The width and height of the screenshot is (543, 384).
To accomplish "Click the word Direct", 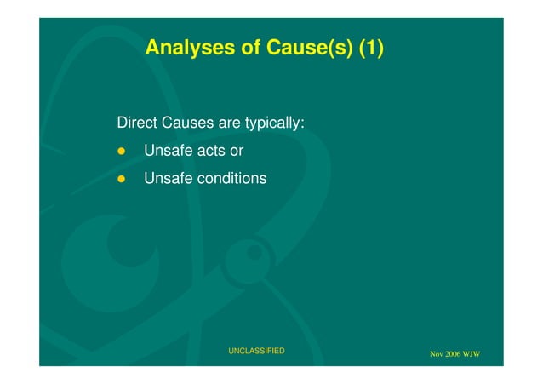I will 135,123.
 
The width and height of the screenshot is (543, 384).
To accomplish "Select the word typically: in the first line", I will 275,123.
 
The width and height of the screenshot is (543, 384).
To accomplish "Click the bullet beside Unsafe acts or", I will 121,152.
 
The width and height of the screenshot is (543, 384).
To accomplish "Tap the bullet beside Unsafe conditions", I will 121,179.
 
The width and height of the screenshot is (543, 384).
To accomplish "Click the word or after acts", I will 237,152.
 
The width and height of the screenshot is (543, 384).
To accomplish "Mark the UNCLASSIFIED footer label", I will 256,351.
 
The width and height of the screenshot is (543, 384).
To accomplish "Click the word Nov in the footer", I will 437,354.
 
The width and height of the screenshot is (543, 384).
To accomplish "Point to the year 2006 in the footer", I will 455,354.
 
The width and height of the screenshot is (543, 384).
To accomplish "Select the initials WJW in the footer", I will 475,354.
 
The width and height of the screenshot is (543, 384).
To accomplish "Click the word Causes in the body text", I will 185,123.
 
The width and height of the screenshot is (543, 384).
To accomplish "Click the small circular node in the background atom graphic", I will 253,253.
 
